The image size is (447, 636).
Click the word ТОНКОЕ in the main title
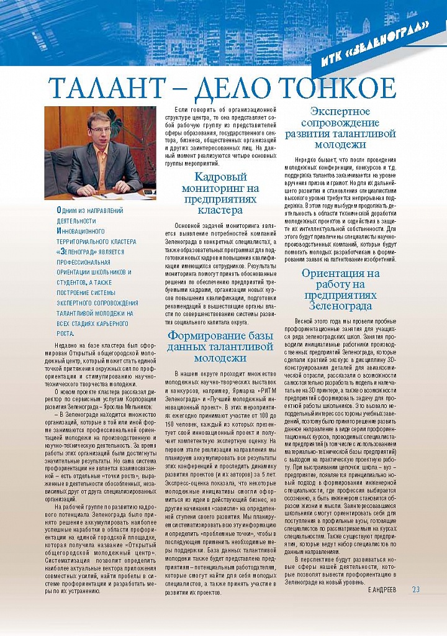338,89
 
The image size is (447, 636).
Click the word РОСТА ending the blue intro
65,334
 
